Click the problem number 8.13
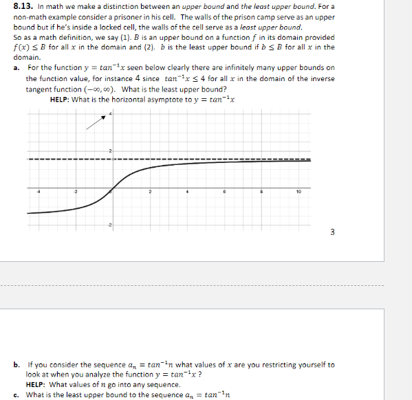[23, 6]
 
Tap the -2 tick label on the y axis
[108, 225]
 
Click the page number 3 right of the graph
[332, 232]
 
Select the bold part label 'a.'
[16, 67]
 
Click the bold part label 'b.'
[16, 365]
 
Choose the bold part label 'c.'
[16, 395]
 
